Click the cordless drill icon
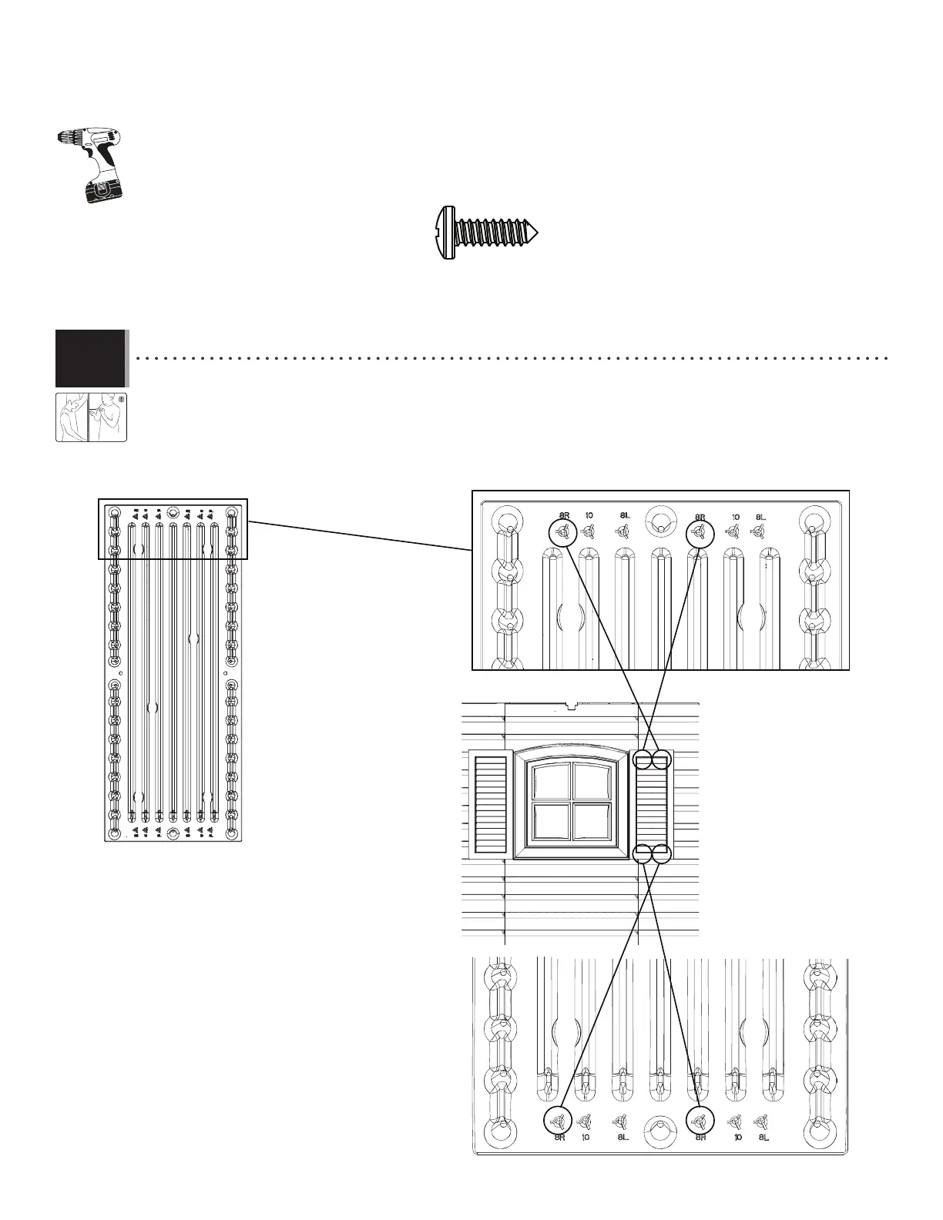click(x=92, y=163)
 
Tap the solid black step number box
click(x=90, y=358)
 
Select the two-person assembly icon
click(x=91, y=417)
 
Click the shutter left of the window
click(x=490, y=803)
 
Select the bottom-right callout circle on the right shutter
click(x=662, y=853)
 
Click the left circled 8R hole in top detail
click(x=564, y=531)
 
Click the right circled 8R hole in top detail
click(x=700, y=531)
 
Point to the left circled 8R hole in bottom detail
click(x=559, y=1120)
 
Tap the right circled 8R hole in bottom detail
click(x=700, y=1120)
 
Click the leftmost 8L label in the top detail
click(x=626, y=516)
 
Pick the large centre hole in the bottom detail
click(x=659, y=1129)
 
